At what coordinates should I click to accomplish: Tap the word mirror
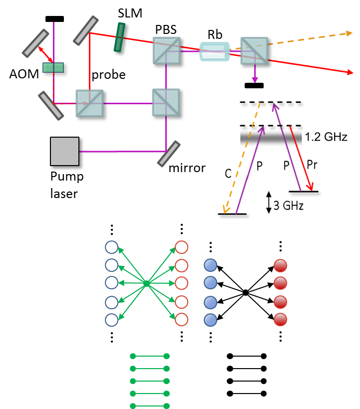coord(187,168)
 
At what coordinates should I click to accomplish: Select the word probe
coord(108,75)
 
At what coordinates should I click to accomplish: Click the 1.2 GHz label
coord(326,137)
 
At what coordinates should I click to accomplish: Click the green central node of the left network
coord(146,283)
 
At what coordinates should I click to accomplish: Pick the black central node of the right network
coord(246,292)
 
